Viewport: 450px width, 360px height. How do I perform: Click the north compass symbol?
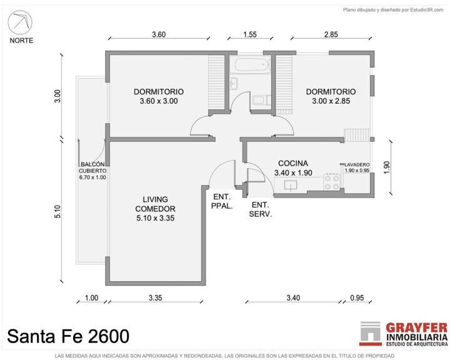(20, 22)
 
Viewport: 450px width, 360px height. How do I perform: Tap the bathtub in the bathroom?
(252, 64)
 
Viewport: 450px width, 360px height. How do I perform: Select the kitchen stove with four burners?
(332, 182)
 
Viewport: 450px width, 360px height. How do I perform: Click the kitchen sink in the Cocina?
(291, 185)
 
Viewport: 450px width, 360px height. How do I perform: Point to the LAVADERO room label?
(357, 165)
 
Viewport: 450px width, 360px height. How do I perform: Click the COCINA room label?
(293, 163)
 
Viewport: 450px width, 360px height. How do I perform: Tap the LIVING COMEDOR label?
(155, 204)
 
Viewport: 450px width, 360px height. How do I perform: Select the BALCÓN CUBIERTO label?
(92, 167)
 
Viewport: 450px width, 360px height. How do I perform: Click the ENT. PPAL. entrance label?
(222, 201)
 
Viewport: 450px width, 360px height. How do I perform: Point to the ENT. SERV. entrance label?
(260, 209)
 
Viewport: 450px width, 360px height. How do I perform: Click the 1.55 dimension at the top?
(249, 34)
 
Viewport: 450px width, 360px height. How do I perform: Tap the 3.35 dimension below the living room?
(155, 298)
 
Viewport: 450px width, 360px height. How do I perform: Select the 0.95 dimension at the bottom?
(357, 298)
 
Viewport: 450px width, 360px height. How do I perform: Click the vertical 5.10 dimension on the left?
(57, 211)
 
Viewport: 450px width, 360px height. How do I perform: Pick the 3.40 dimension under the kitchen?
(293, 298)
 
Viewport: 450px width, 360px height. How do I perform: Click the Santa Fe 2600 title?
(68, 336)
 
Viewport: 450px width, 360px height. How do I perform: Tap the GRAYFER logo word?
(416, 327)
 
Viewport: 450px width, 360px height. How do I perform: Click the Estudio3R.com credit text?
(426, 10)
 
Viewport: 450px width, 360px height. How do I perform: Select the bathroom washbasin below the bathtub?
(234, 83)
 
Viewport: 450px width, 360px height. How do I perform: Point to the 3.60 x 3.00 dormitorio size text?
(159, 101)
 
